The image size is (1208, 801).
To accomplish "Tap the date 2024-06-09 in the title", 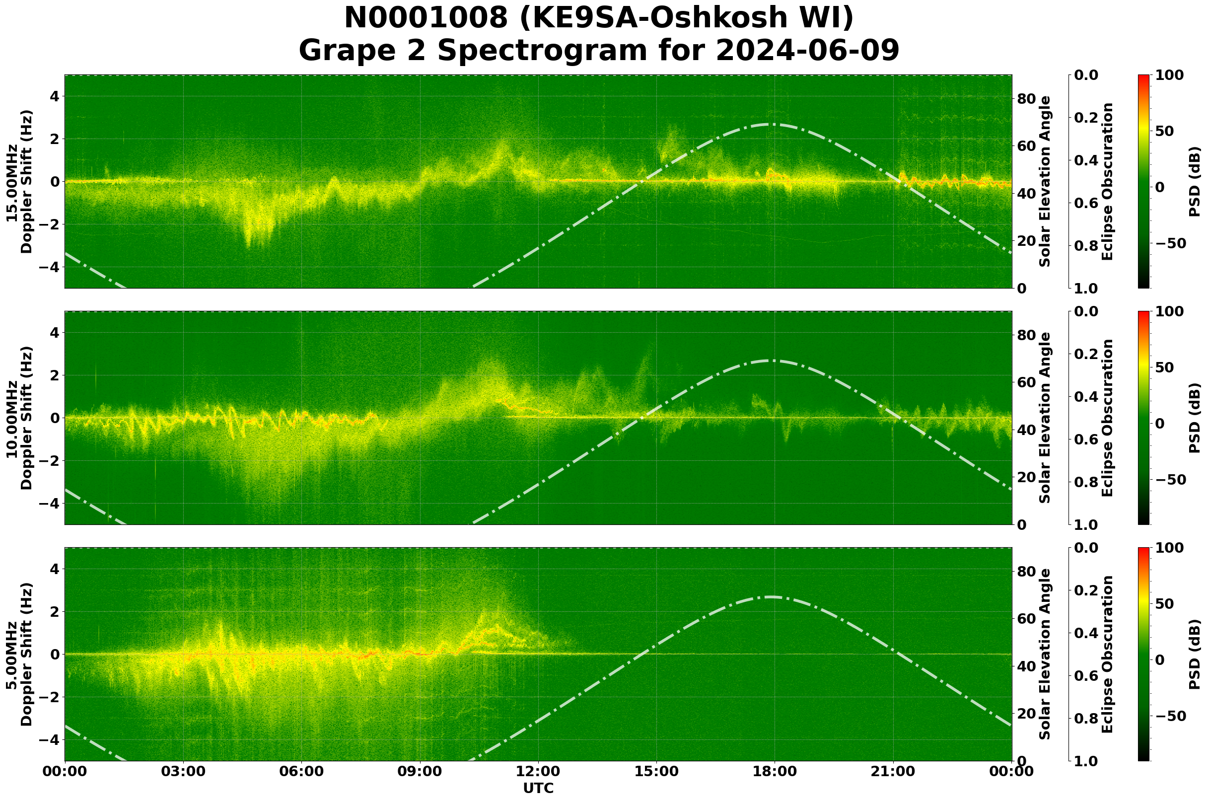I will coord(807,51).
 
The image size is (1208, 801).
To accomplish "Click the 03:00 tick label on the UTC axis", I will coord(183,772).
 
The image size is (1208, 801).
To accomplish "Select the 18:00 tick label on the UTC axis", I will coord(775,772).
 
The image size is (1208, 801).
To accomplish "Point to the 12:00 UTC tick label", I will coord(538,772).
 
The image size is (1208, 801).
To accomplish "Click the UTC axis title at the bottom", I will coord(538,788).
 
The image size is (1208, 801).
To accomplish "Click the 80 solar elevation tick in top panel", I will coord(1025,99).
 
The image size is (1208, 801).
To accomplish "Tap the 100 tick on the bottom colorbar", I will coord(1169,548).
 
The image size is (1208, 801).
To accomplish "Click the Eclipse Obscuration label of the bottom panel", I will coord(1107,655).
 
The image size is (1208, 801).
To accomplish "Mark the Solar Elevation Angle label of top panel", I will coord(1046,182).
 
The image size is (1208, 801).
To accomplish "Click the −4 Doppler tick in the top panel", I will coord(50,267).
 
